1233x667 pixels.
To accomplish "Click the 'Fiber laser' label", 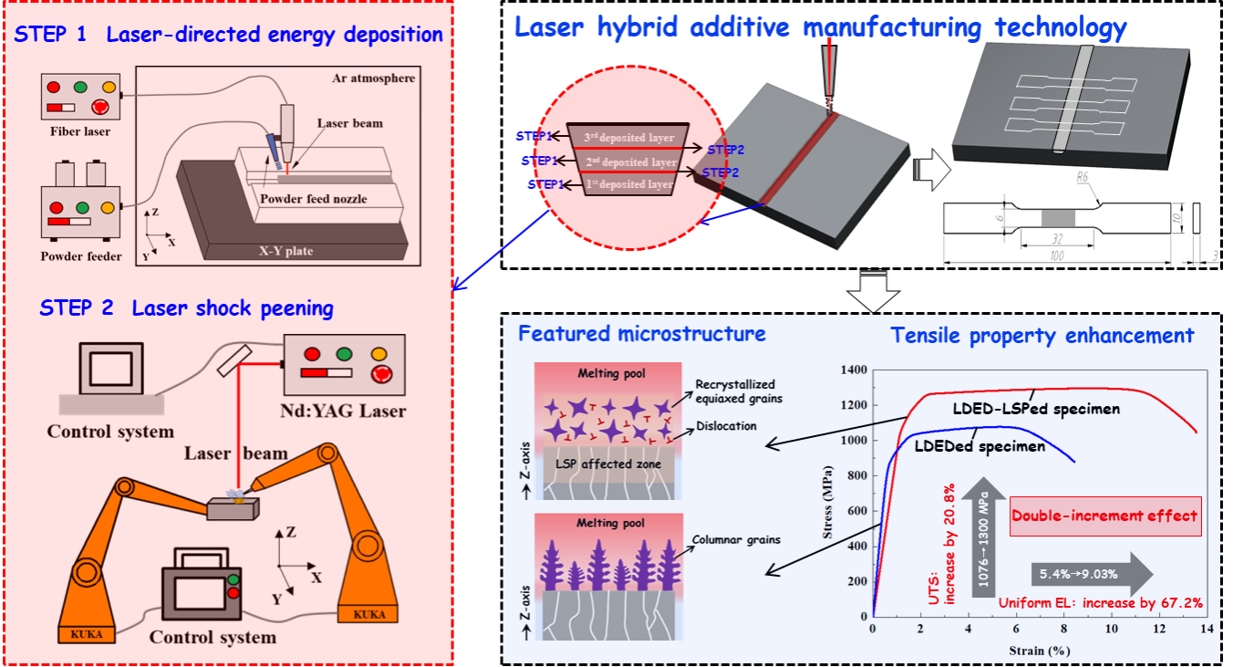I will point(80,131).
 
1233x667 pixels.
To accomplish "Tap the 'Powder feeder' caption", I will point(81,256).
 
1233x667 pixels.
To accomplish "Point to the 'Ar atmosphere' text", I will point(373,78).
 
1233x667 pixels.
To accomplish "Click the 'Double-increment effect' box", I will point(1104,516).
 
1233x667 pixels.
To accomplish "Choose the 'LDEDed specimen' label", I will point(979,446).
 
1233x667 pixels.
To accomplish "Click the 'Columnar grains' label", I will point(738,539).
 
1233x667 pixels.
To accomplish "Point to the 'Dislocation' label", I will point(725,425).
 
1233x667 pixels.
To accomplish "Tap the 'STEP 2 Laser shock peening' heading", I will point(186,308).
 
